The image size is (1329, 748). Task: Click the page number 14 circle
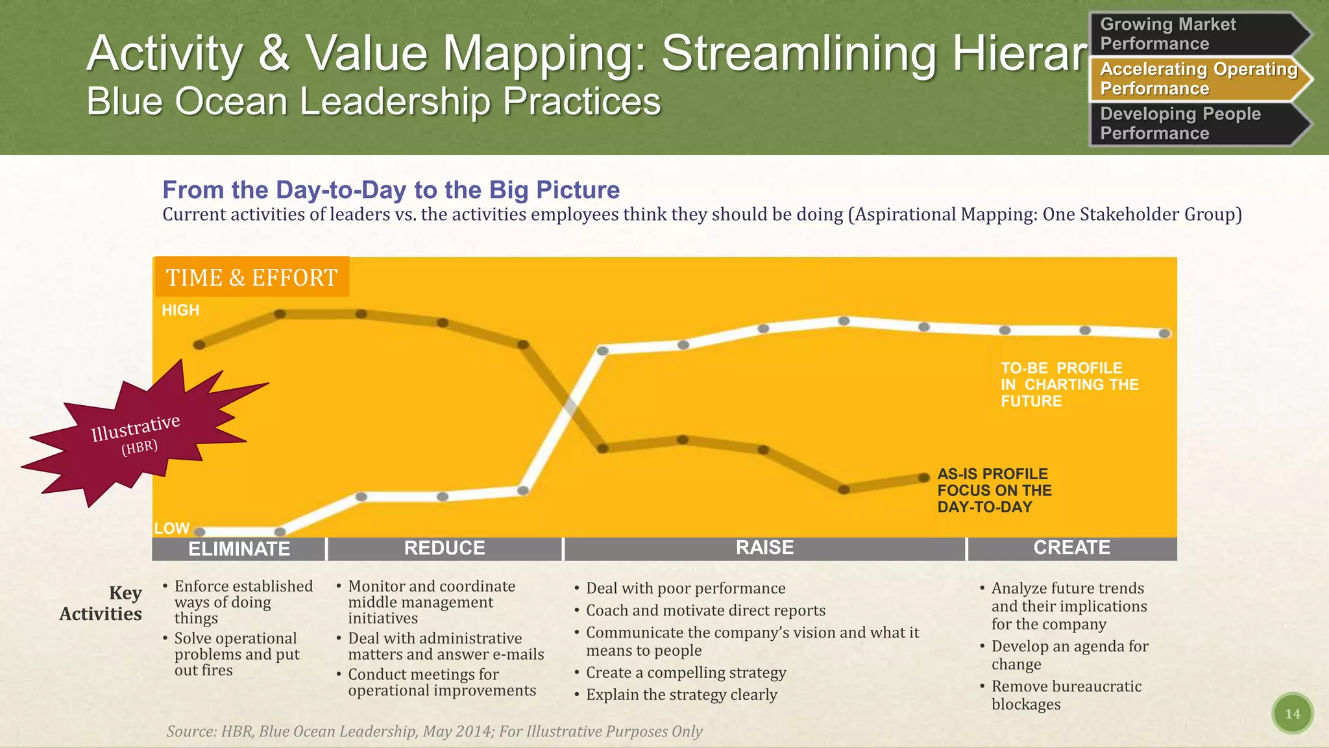point(1292,714)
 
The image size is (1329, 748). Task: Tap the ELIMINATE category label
point(239,549)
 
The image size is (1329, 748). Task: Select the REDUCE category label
point(445,548)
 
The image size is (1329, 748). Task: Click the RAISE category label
point(764,547)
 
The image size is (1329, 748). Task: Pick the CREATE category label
point(1071,547)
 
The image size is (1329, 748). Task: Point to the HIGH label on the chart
point(180,310)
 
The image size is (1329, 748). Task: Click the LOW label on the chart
point(171,528)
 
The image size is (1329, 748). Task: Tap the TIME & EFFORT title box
point(252,277)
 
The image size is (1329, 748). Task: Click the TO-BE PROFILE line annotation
point(1069,384)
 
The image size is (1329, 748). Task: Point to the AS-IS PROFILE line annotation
point(994,490)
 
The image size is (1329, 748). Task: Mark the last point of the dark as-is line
point(924,478)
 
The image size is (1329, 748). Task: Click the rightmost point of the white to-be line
point(1165,333)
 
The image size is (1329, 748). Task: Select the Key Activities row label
point(101,603)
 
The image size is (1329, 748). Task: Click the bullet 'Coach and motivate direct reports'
point(705,610)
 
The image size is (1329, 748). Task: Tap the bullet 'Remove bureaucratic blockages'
point(1066,695)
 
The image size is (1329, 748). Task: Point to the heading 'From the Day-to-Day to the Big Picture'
point(391,190)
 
